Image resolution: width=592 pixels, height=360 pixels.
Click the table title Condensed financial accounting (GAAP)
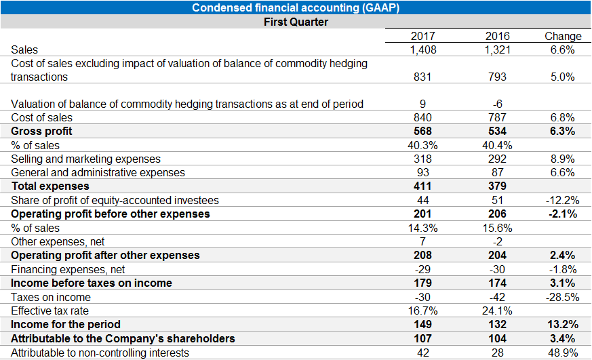pyautogui.click(x=296, y=8)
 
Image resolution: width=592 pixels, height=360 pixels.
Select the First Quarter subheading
pyautogui.click(x=296, y=22)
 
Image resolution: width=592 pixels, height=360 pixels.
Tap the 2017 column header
pyautogui.click(x=423, y=36)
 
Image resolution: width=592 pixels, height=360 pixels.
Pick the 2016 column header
pyautogui.click(x=497, y=36)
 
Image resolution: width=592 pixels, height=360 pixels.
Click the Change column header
pyautogui.click(x=563, y=36)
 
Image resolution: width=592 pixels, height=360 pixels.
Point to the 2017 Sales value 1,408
pyautogui.click(x=423, y=49)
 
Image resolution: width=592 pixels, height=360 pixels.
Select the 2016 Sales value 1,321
pyautogui.click(x=497, y=49)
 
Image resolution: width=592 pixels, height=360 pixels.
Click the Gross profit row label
pyautogui.click(x=42, y=131)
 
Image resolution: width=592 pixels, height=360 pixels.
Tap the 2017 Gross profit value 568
pyautogui.click(x=423, y=131)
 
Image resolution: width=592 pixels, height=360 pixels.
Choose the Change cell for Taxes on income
pyautogui.click(x=563, y=297)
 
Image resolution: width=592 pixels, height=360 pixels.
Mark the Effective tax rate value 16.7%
pyautogui.click(x=423, y=311)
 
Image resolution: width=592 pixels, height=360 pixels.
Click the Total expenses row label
pyautogui.click(x=50, y=186)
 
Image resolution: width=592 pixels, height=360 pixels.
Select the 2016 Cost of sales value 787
pyautogui.click(x=497, y=117)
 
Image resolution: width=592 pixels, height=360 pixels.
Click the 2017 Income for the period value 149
pyautogui.click(x=423, y=325)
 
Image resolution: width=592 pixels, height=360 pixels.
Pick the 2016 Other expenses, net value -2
pyautogui.click(x=497, y=241)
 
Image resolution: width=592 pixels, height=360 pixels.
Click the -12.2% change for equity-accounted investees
pyautogui.click(x=563, y=200)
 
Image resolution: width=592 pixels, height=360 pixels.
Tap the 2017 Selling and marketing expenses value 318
pyautogui.click(x=423, y=159)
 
